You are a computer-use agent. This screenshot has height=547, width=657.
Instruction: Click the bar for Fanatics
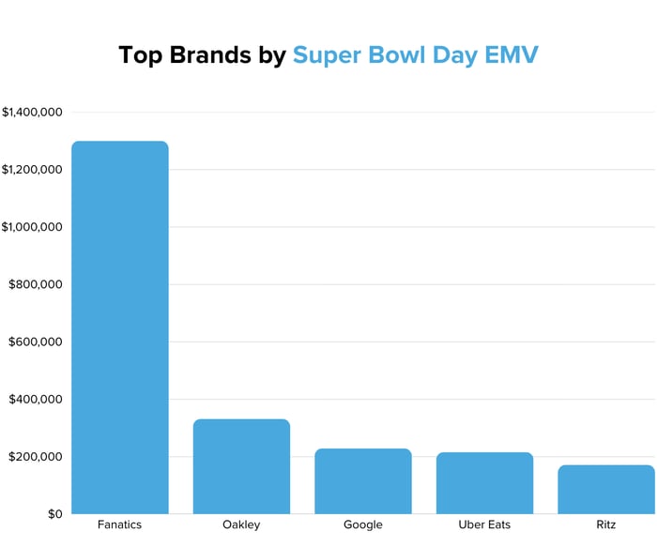coord(119,327)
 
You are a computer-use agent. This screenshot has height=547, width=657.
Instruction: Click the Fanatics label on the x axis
coord(119,524)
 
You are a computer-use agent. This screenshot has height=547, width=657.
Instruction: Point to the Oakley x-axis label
coord(241,524)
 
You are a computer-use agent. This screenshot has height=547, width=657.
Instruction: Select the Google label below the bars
coord(362,524)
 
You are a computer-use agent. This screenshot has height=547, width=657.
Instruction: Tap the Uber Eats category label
coord(484,524)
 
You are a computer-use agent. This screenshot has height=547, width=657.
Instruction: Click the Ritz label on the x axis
coord(605,524)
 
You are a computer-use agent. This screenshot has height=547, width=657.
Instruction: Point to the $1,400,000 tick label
coord(32,113)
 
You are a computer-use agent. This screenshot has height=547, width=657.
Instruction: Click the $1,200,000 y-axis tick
coord(32,170)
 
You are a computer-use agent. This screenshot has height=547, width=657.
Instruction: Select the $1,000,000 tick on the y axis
coord(32,227)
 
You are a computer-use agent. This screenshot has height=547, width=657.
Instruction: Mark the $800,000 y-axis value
coord(36,285)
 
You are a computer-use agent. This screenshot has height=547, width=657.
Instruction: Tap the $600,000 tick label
coord(36,342)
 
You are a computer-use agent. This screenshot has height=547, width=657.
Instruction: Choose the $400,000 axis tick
coord(36,400)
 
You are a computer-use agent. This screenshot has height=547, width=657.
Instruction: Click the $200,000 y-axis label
coord(36,457)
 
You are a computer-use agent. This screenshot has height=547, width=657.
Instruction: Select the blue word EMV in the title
coord(511,54)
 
